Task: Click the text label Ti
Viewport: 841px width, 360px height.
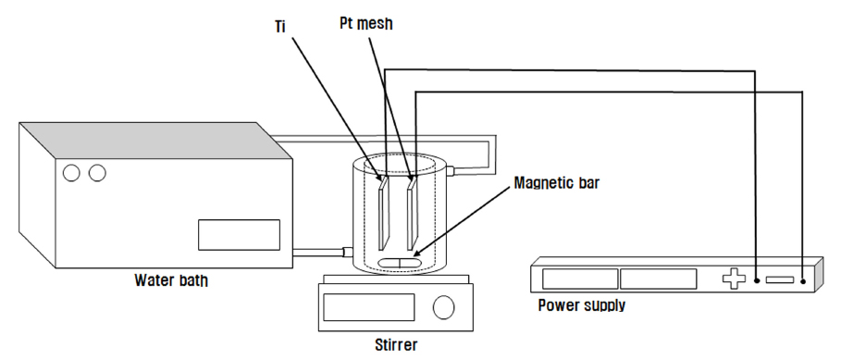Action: (280, 27)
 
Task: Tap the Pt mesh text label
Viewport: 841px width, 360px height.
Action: (366, 24)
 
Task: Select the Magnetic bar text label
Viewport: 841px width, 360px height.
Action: (557, 183)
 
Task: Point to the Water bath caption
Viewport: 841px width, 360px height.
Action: (171, 280)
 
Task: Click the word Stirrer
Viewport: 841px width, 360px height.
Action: (396, 344)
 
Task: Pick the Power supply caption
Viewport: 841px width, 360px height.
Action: (582, 305)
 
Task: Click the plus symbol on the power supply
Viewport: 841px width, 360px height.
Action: (734, 279)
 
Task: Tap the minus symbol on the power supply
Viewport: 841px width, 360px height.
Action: (779, 279)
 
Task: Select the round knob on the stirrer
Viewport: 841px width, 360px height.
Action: (443, 307)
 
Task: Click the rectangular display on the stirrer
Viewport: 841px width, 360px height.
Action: (369, 307)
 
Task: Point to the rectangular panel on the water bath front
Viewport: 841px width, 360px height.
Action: (239, 235)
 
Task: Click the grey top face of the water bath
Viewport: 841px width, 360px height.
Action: (155, 141)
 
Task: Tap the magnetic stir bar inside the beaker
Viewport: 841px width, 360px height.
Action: (400, 262)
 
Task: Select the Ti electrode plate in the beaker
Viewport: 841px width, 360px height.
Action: (383, 214)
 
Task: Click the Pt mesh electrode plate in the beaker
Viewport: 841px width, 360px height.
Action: (412, 214)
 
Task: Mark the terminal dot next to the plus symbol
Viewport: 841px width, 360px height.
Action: (756, 280)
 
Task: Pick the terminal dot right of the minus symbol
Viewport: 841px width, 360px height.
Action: (803, 281)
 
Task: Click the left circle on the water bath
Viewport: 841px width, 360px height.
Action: (71, 173)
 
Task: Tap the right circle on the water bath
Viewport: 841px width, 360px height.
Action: (97, 173)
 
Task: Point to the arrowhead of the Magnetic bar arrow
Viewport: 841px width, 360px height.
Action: (416, 252)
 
